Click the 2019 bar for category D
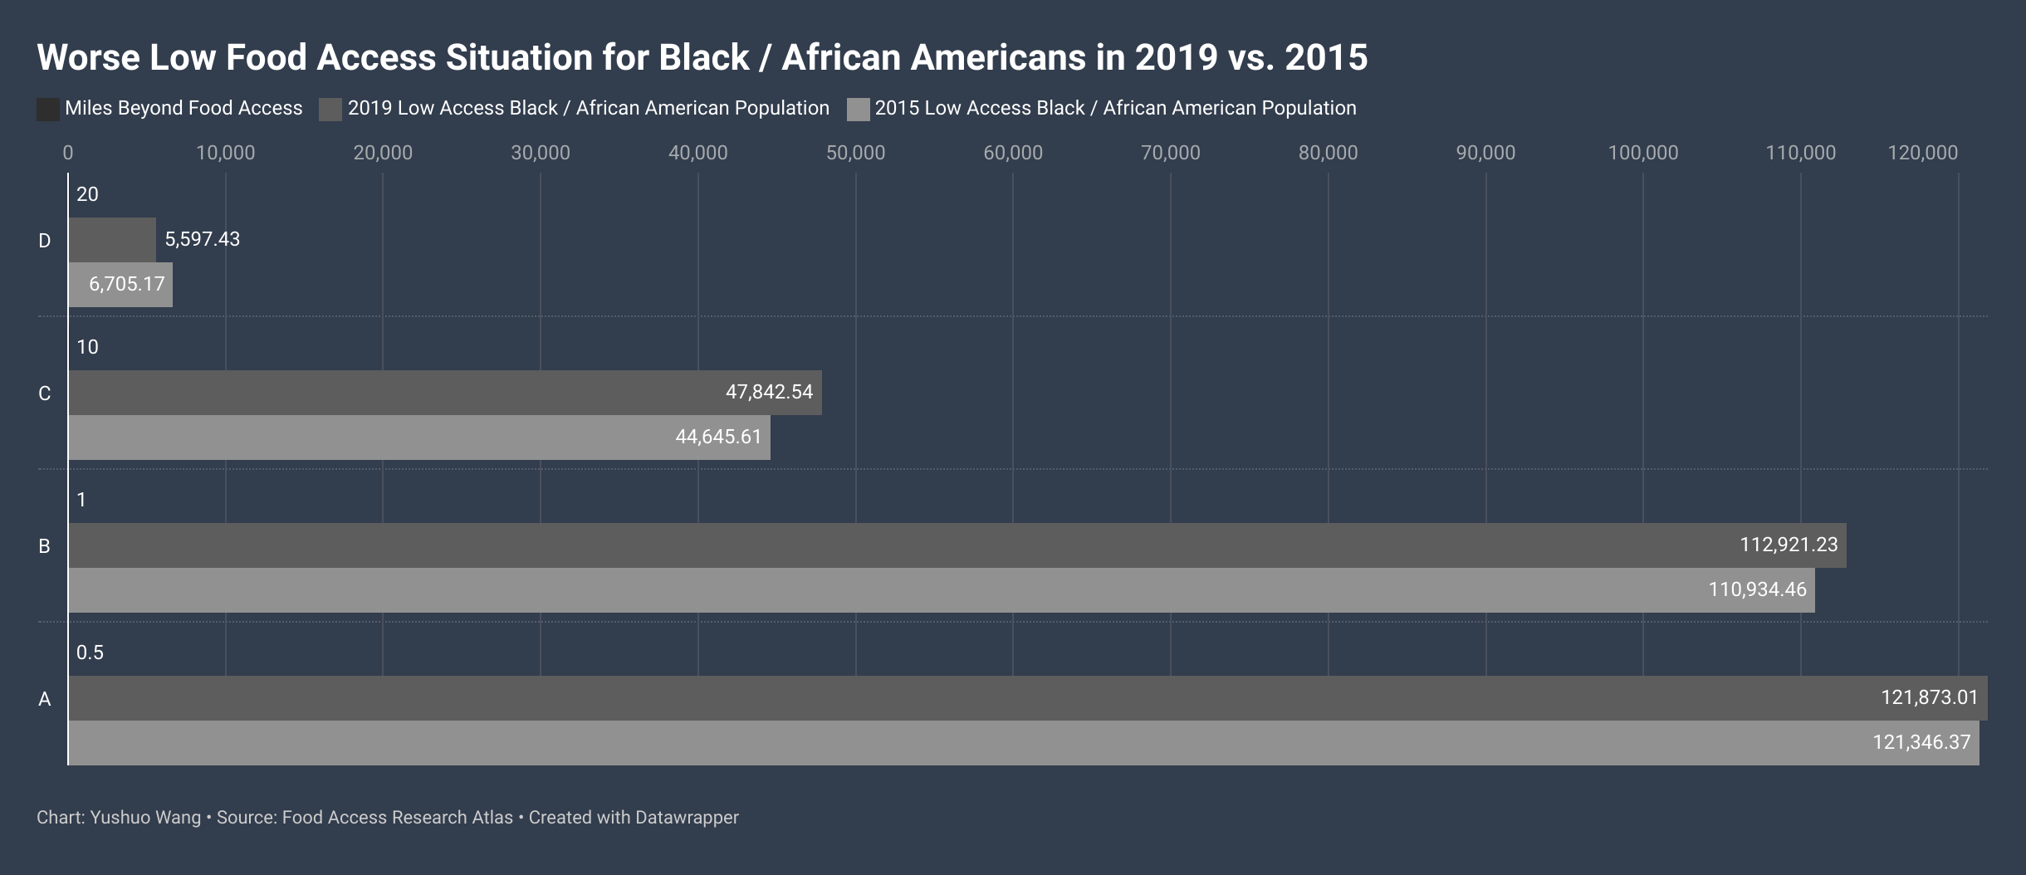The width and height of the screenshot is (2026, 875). point(112,240)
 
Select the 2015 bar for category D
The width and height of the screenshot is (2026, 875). point(120,285)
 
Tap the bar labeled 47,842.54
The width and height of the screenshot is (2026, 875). point(445,393)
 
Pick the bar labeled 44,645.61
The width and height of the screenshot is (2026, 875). point(419,437)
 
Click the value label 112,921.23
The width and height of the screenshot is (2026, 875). point(1789,545)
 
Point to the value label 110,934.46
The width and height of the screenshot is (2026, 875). point(1757,589)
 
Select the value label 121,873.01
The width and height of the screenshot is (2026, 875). point(1930,697)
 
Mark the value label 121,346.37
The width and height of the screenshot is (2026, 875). point(1921,742)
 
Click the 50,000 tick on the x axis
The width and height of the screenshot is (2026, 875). point(855,153)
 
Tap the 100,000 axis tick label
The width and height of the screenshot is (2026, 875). point(1643,153)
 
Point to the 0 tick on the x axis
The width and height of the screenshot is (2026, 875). point(68,153)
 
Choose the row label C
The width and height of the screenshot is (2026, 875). point(45,394)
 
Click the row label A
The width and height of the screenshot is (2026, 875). point(45,699)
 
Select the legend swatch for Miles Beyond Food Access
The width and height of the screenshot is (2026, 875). point(48,110)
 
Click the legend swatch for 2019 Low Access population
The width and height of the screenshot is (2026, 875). point(330,110)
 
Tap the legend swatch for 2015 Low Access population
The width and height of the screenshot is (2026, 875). point(859,110)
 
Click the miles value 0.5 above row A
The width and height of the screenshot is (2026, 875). point(90,653)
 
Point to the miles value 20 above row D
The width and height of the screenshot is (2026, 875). point(87,194)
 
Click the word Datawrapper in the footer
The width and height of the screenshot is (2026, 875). point(687,818)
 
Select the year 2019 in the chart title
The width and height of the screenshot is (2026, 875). point(1176,57)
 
